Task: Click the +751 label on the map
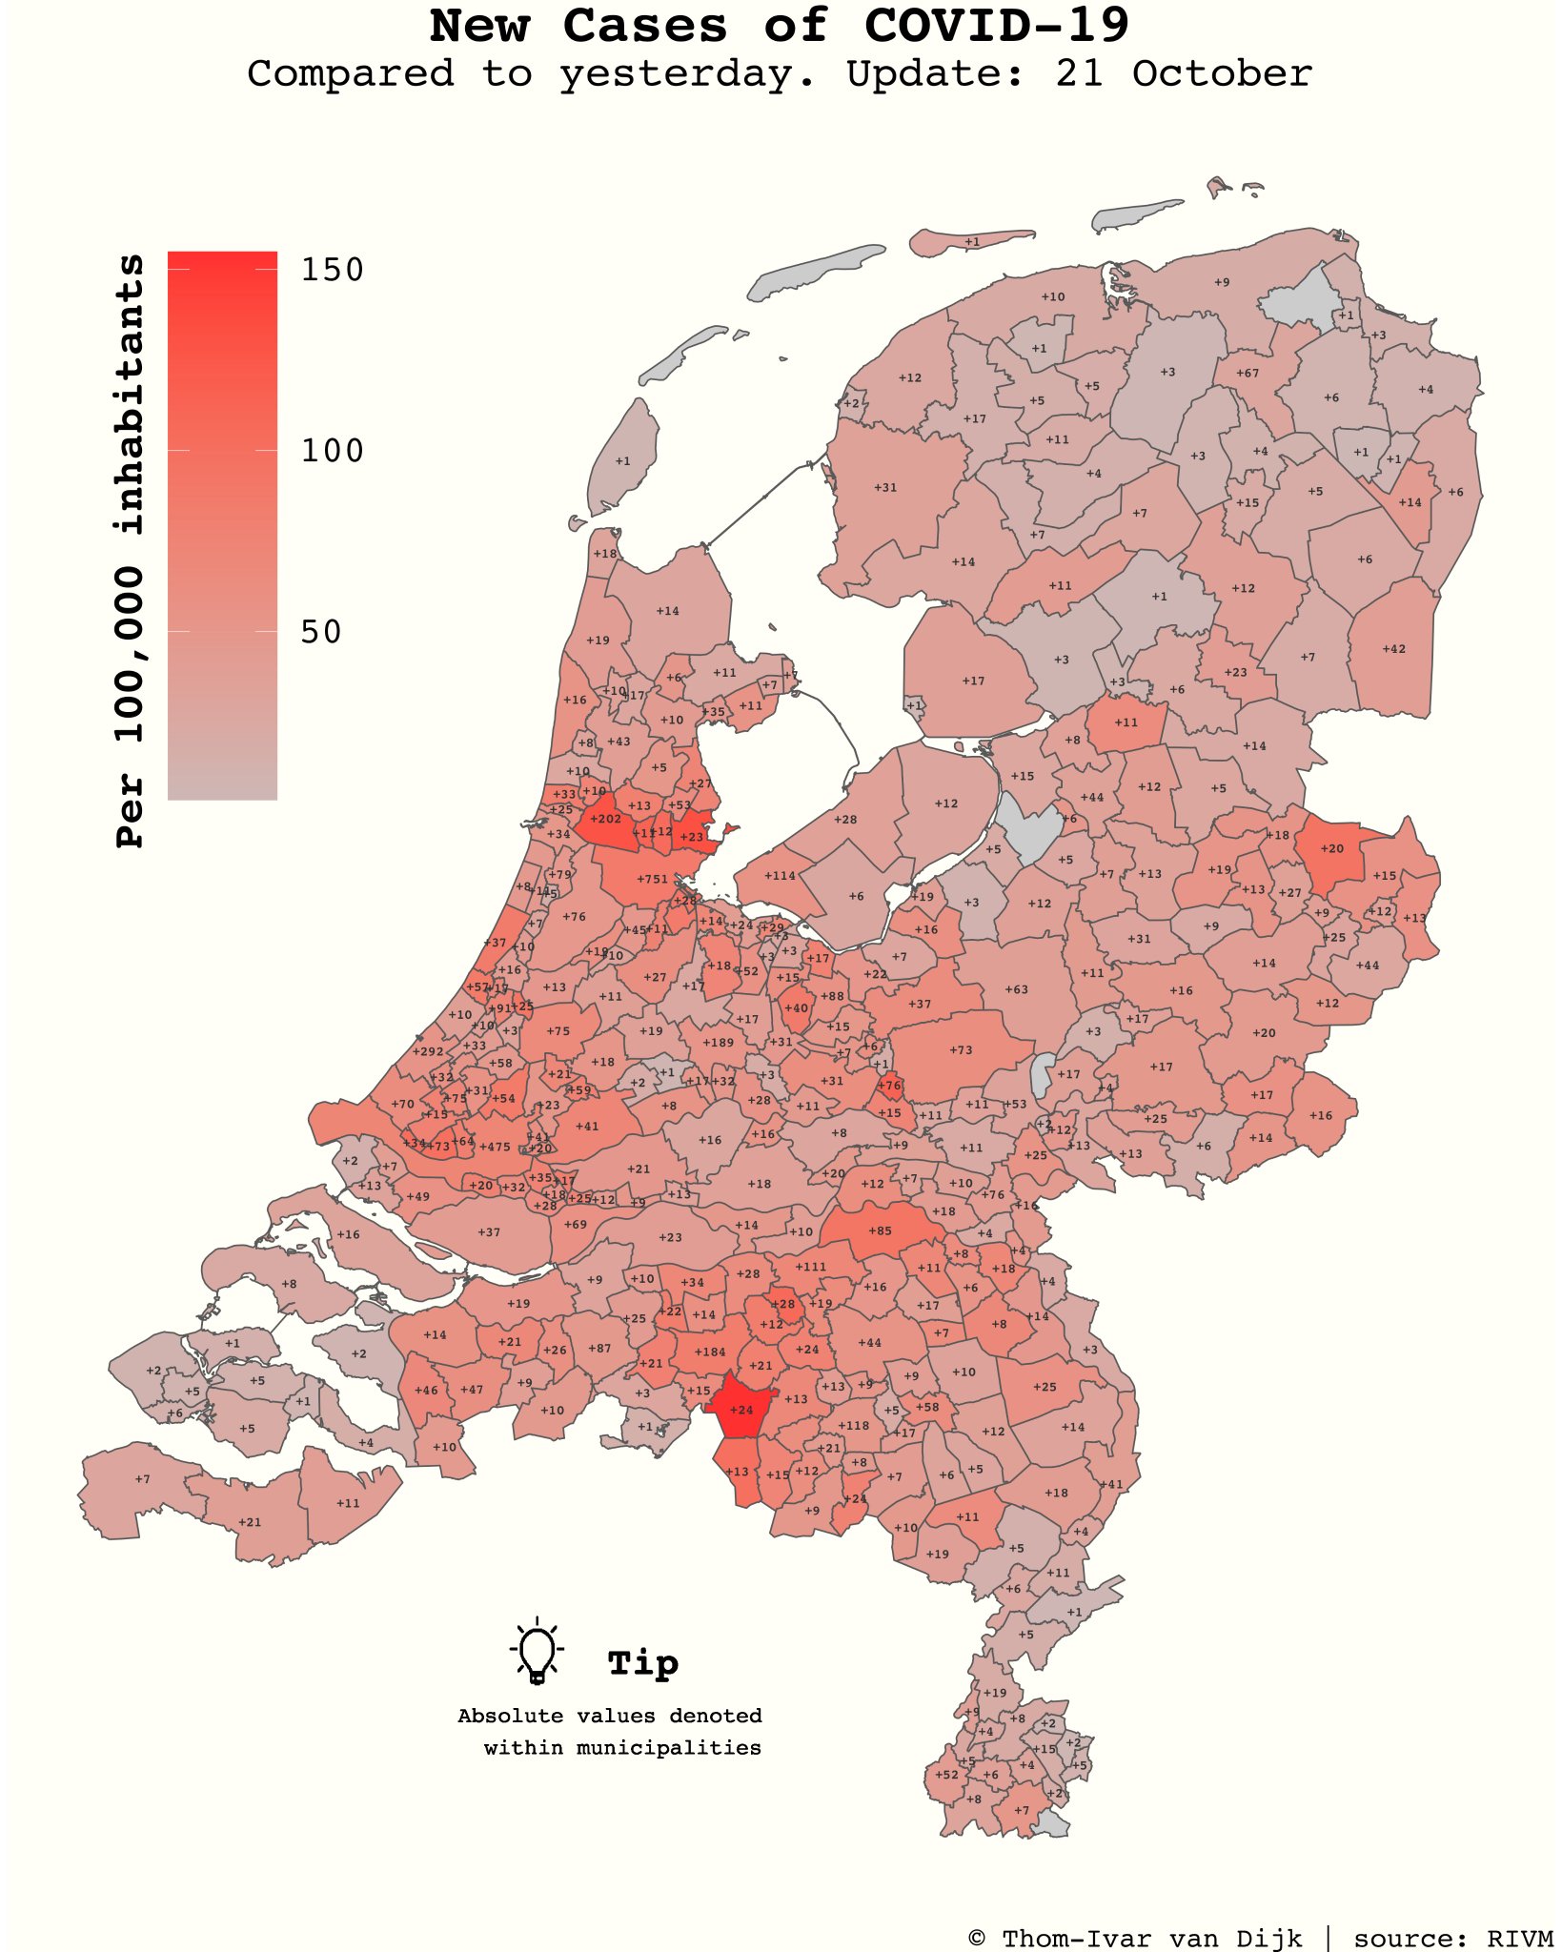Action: (653, 879)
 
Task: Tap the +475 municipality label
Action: (495, 1148)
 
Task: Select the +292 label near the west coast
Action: (428, 1052)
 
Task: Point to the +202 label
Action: (605, 819)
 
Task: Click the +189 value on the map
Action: (719, 1043)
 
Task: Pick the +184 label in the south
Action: (710, 1352)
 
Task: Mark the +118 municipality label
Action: (854, 1426)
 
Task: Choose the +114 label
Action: (780, 876)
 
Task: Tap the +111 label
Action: (811, 1267)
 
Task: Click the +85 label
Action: (880, 1230)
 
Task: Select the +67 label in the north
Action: (1248, 373)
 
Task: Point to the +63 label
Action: (1017, 989)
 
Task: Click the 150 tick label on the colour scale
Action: (333, 270)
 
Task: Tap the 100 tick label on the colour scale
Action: (333, 450)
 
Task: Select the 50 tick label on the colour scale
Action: (321, 631)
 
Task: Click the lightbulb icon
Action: (538, 1651)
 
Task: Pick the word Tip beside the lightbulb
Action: (643, 1663)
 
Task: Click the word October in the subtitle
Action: (1222, 73)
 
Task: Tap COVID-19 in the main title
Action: (997, 26)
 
